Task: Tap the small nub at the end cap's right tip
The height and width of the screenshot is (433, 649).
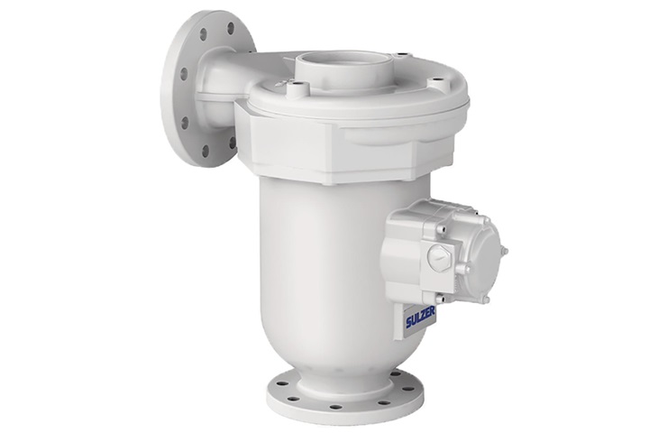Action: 504,250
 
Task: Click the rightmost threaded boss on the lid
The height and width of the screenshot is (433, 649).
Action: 438,82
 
